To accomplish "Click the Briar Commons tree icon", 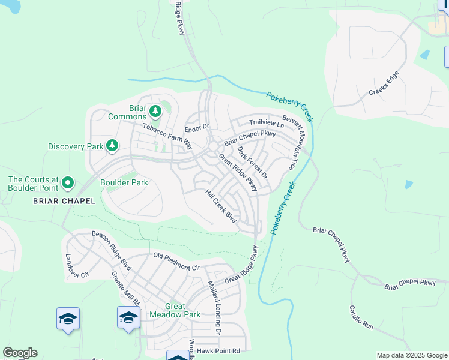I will pos(155,111).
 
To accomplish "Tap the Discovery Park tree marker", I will pos(112,146).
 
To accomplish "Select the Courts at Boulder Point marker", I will pos(68,182).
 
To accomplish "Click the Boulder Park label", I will pos(124,182).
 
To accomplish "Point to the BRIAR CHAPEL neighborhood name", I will pos(64,201).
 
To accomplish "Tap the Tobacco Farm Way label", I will pos(167,136).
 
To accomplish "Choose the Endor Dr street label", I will pos(196,127).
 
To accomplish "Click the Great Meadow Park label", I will pos(175,310).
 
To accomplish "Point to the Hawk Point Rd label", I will pos(219,351).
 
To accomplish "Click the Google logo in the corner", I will pos(20,353).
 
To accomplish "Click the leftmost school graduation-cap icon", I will pos(68,319).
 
